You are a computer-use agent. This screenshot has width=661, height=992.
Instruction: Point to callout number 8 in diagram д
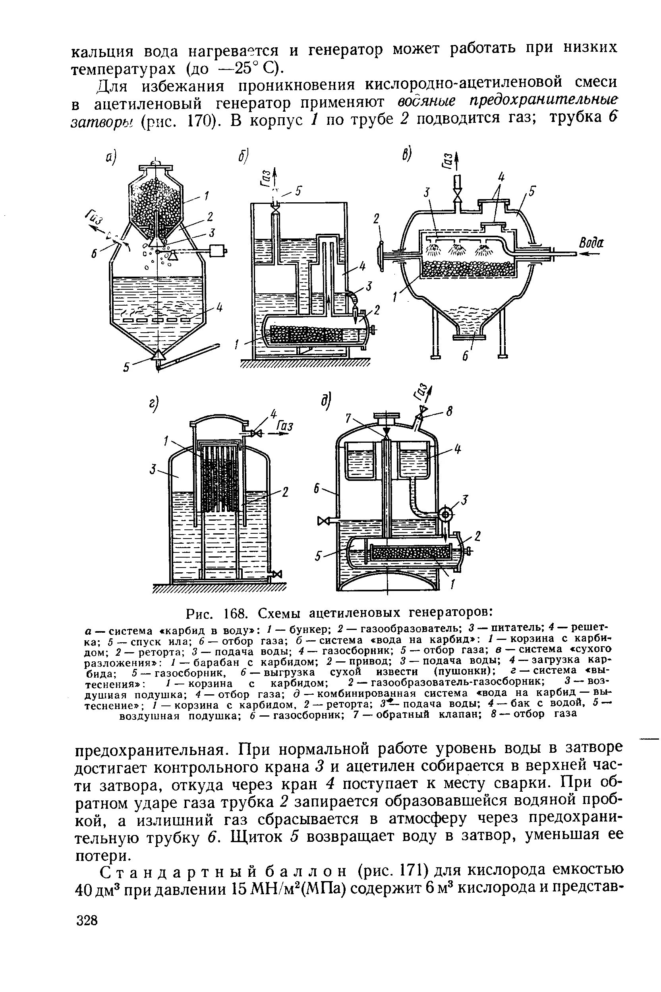(x=449, y=412)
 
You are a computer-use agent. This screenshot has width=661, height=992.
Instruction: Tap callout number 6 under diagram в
(x=465, y=356)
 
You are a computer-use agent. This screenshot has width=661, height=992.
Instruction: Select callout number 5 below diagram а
(x=126, y=367)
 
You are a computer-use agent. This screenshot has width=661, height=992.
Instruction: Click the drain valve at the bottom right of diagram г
(x=277, y=574)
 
